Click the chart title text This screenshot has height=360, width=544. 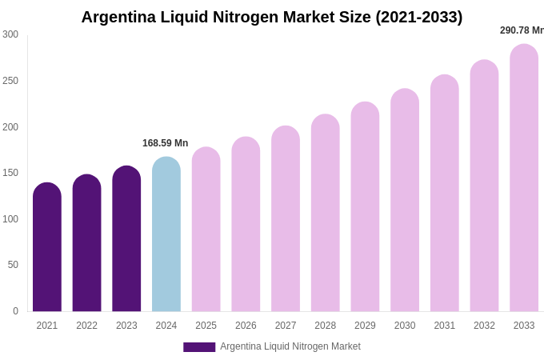click(272, 17)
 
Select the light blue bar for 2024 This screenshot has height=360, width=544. click(166, 236)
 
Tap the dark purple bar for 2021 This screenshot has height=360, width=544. click(47, 248)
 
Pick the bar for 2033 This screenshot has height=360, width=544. click(524, 180)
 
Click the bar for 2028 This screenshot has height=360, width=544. click(325, 214)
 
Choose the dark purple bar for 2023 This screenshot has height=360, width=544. click(126, 240)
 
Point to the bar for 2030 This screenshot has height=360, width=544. click(405, 202)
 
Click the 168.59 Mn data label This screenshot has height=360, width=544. click(165, 143)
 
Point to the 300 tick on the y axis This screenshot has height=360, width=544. click(10, 34)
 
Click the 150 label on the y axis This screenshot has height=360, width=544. click(10, 173)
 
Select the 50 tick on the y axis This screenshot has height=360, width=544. click(13, 265)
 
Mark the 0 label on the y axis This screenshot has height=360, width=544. click(15, 311)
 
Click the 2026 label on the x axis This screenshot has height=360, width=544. click(246, 326)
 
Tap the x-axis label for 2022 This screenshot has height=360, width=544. click(86, 326)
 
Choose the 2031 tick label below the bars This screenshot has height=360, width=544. click(445, 326)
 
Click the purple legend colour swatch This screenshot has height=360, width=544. click(199, 347)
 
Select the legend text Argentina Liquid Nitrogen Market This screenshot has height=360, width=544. click(290, 346)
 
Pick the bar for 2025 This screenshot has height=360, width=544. click(206, 230)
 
